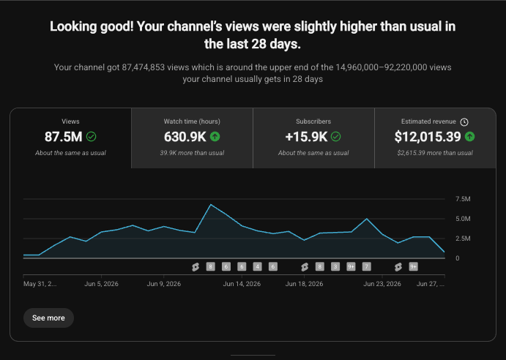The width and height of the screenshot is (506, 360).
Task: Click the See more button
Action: click(48, 318)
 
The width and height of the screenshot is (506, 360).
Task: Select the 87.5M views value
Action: click(63, 137)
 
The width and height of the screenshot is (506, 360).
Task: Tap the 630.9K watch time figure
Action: click(185, 137)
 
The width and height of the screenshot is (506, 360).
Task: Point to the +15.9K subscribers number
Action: click(306, 137)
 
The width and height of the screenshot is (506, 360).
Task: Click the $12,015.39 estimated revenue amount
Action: click(428, 137)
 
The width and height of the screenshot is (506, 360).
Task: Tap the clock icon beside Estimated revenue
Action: click(464, 122)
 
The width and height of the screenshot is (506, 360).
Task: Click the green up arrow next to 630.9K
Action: click(215, 137)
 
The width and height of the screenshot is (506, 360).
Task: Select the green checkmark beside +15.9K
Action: click(335, 137)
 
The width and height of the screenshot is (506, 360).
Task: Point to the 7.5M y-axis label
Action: click(463, 199)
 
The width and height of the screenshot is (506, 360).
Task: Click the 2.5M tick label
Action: click(463, 239)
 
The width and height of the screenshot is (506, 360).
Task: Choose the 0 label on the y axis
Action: click(457, 258)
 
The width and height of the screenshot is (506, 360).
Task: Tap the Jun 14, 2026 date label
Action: click(242, 284)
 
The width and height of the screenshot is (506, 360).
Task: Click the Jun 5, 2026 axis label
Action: click(101, 284)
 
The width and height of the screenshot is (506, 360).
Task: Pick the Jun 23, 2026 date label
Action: click(382, 284)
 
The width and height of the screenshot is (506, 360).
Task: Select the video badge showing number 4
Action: click(257, 267)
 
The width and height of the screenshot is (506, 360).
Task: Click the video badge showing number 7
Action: click(366, 267)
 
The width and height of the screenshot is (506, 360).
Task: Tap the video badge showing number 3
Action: click(335, 267)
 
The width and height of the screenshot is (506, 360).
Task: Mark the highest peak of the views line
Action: click(211, 205)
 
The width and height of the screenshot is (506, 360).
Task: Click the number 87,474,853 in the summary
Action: click(144, 67)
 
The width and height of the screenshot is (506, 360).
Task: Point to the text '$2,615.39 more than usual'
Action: click(435, 153)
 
